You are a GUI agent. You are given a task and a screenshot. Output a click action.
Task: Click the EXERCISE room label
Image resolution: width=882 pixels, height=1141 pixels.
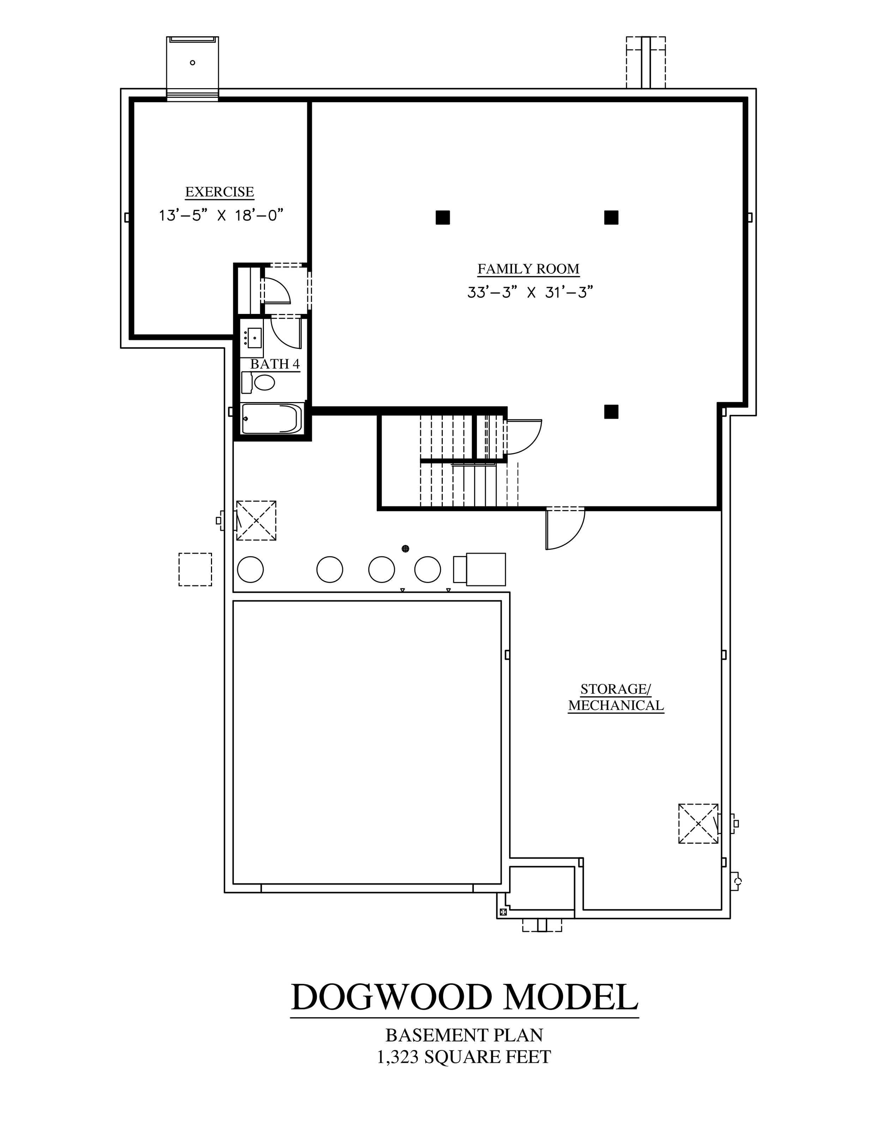219,192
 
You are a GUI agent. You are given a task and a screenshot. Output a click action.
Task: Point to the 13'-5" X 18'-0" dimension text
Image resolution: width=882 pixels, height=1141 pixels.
221,215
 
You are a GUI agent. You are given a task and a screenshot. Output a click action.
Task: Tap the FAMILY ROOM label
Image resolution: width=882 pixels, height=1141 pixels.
528,269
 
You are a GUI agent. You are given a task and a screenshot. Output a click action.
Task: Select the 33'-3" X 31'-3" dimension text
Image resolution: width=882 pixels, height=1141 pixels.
530,292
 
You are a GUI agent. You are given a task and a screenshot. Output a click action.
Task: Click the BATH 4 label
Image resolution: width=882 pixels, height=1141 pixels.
275,364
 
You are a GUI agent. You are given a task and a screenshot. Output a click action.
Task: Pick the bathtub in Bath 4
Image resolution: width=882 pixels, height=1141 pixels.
272,418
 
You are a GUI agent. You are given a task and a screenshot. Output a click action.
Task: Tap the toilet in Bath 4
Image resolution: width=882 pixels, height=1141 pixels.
258,382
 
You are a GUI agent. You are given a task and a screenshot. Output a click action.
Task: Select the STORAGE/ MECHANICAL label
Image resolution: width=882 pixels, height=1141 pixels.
616,697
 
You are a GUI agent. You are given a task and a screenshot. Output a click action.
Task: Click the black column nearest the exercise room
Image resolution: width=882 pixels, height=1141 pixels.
442,217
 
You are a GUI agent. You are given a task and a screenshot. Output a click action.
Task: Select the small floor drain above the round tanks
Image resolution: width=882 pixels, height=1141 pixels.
405,548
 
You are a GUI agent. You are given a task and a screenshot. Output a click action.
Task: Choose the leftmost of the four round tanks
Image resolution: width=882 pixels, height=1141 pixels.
250,570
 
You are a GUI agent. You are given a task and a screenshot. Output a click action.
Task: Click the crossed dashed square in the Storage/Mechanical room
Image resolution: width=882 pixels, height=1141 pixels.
698,823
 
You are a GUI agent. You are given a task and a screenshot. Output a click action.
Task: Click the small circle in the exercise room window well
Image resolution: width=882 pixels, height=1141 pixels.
193,63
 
